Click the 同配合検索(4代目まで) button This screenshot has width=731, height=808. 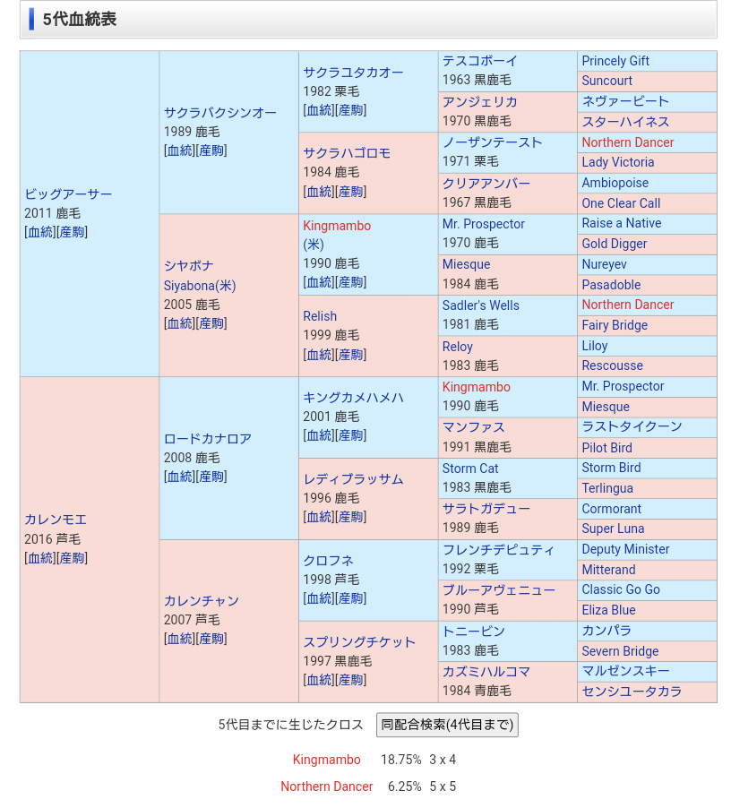pyautogui.click(x=447, y=725)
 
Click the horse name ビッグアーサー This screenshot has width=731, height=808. pyautogui.click(x=68, y=194)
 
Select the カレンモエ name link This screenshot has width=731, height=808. pyautogui.click(x=56, y=520)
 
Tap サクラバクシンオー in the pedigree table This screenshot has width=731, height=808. pyautogui.click(x=219, y=113)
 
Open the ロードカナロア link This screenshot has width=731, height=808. pyautogui.click(x=207, y=439)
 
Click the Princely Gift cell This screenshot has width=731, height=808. pyautogui.click(x=615, y=61)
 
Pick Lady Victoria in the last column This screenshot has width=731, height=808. pyautogui.click(x=617, y=162)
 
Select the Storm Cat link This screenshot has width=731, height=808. pyautogui.click(x=470, y=468)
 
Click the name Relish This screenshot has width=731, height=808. pyautogui.click(x=320, y=316)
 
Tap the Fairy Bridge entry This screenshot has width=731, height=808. pyautogui.click(x=614, y=325)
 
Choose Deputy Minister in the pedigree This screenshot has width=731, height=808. pyautogui.click(x=625, y=549)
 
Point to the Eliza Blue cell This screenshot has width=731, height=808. pyautogui.click(x=608, y=610)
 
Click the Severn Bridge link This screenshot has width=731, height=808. pyautogui.click(x=620, y=651)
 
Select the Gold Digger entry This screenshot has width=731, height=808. pyautogui.click(x=614, y=244)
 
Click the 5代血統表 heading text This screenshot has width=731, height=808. pyautogui.click(x=80, y=19)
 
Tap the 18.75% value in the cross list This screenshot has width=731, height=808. pyautogui.click(x=400, y=760)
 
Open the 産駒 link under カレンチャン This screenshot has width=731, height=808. pyautogui.click(x=211, y=639)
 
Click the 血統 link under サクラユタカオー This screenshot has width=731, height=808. pyautogui.click(x=319, y=110)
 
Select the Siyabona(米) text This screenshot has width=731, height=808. pyautogui.click(x=200, y=286)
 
